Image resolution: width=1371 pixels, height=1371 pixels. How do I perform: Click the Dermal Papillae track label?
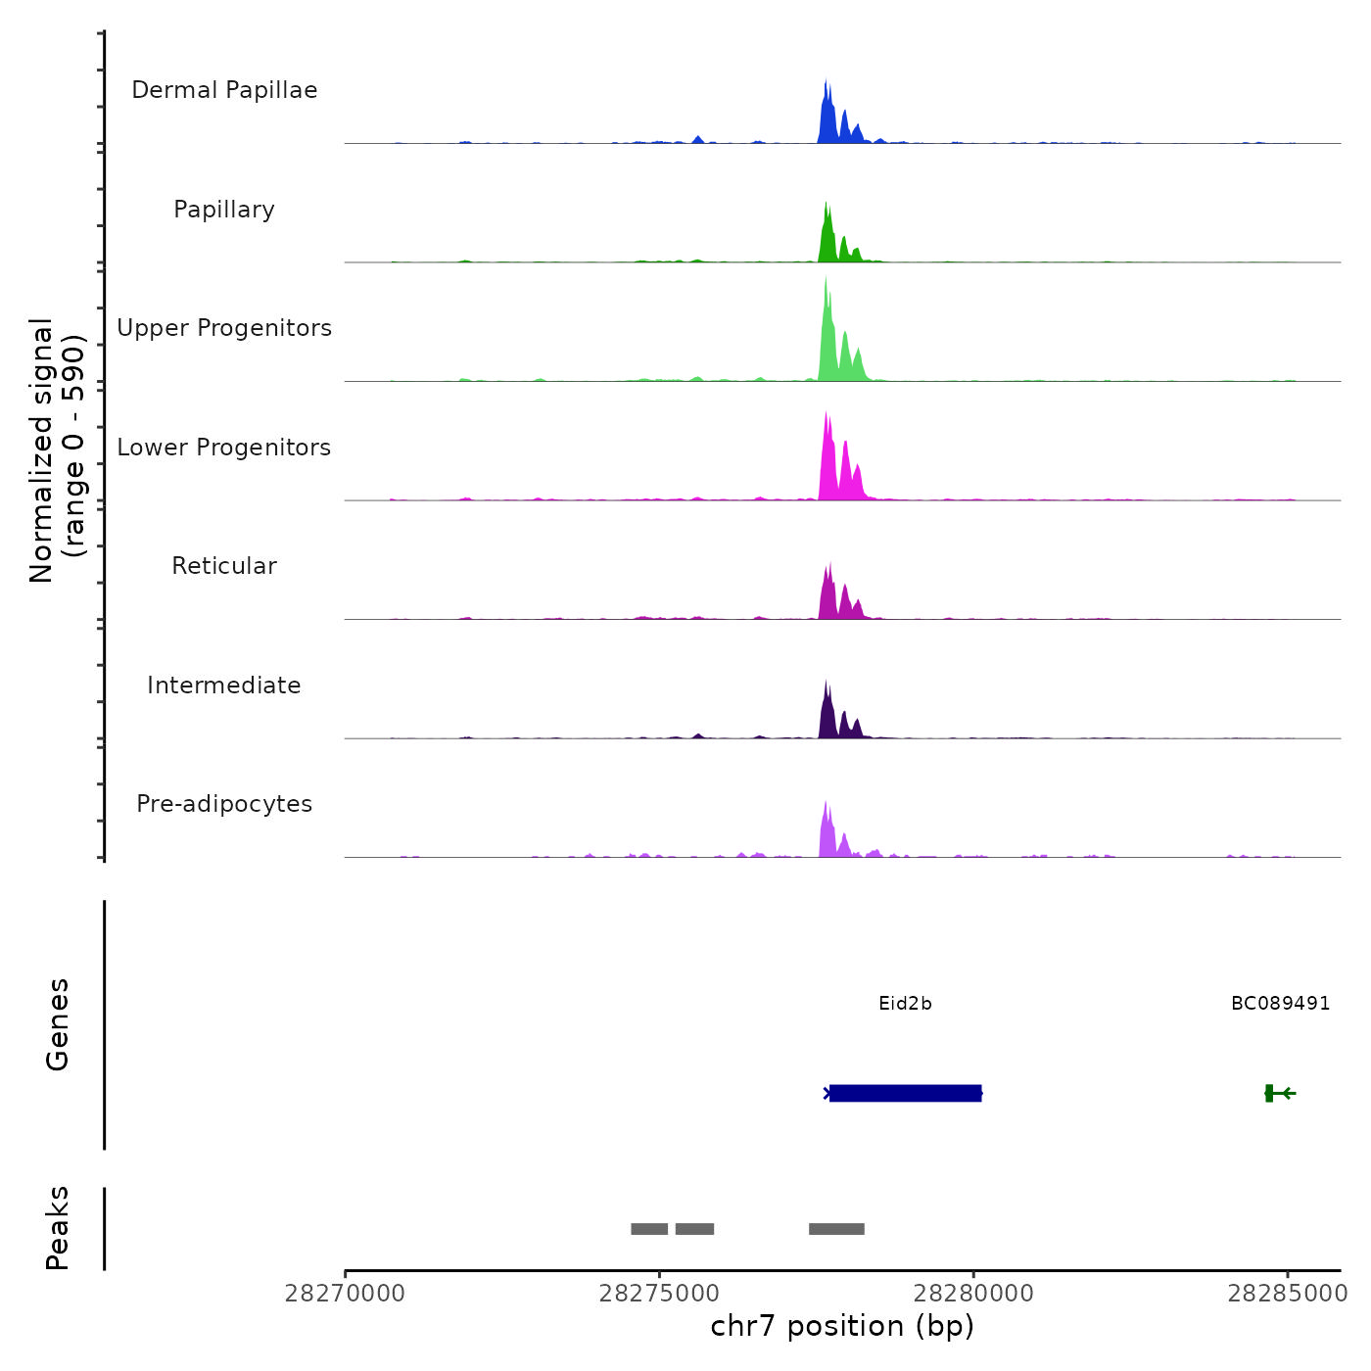tap(224, 90)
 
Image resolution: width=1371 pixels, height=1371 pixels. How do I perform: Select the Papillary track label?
tap(224, 210)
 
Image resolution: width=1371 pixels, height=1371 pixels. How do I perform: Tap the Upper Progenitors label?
tap(224, 328)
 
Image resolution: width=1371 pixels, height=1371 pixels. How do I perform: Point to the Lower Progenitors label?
tap(224, 448)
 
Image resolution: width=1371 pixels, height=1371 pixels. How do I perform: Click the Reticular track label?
tap(224, 566)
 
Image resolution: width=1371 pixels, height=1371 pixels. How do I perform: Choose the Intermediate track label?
tap(224, 685)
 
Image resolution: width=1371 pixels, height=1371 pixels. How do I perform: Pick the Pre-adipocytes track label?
tap(224, 804)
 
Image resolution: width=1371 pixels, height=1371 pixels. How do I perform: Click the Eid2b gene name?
tap(905, 1004)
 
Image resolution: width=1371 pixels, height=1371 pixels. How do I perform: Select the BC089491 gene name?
tap(1280, 1004)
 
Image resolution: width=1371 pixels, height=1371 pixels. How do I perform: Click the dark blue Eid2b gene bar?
tap(905, 1093)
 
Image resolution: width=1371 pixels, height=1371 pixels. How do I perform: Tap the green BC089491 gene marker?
tap(1270, 1093)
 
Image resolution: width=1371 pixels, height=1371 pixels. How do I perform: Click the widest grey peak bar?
tap(836, 1229)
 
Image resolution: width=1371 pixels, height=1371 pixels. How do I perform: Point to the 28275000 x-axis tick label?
tap(659, 1294)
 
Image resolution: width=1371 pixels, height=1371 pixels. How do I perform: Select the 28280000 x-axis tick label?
tap(973, 1294)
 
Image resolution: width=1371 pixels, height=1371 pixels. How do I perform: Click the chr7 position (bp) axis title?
tap(842, 1326)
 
